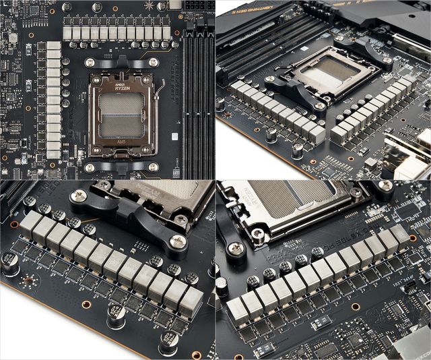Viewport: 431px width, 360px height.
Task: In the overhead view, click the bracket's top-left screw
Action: coord(90,62)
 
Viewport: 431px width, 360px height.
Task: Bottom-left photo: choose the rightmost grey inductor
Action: coord(191,301)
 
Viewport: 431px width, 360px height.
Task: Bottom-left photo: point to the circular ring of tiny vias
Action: coord(26,281)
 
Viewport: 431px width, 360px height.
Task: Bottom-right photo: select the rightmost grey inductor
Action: coord(399,235)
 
